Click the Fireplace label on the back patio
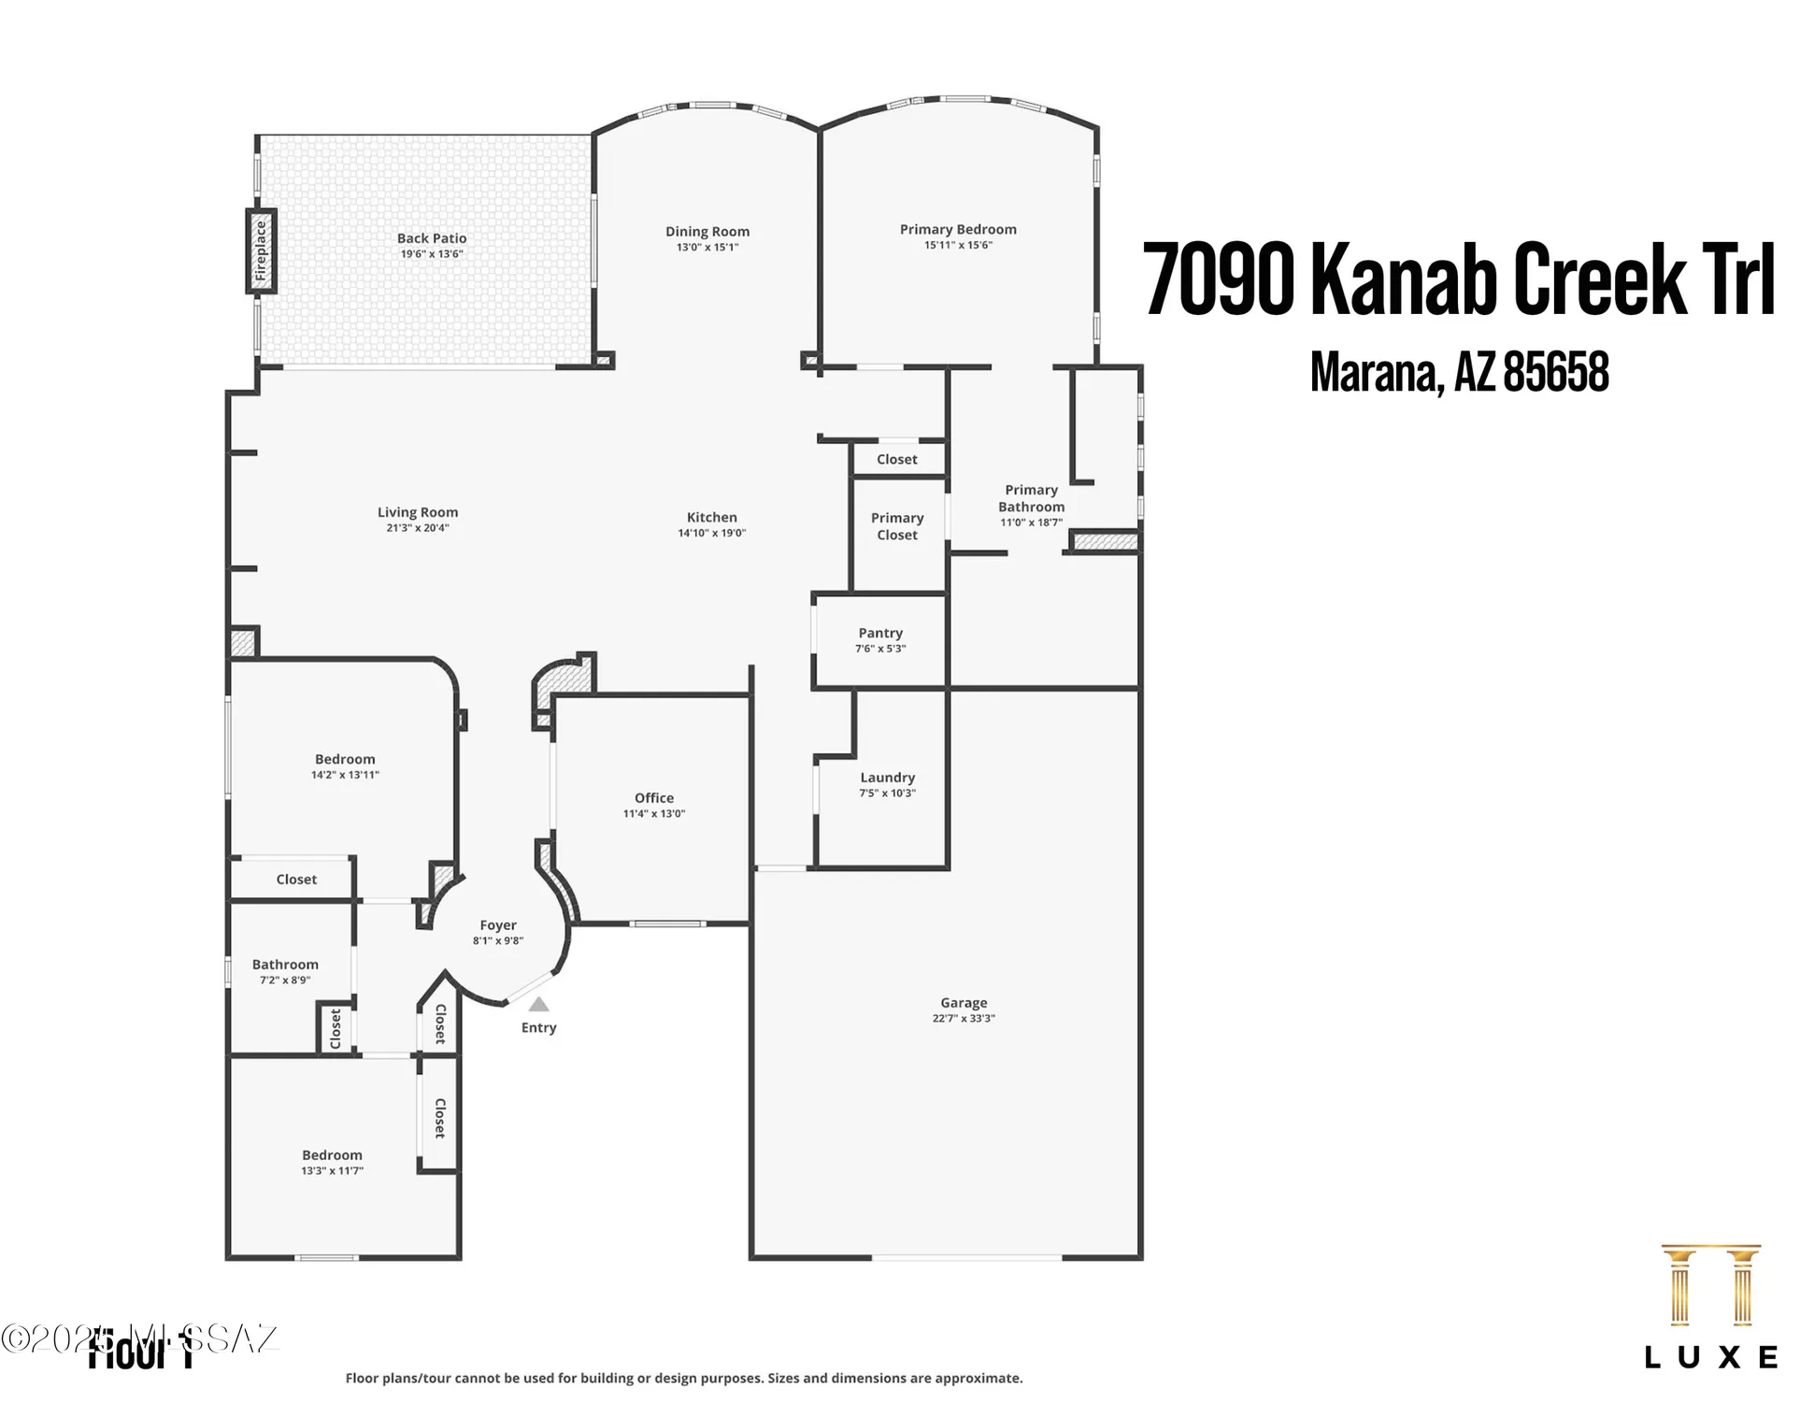261,251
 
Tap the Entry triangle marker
538,1005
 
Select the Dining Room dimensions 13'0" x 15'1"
707,248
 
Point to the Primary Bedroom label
958,229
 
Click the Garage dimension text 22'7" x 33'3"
964,1019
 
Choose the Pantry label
880,633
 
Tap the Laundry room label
887,778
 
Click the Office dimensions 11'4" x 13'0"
654,814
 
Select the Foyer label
498,925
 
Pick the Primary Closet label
897,526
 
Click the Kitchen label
712,517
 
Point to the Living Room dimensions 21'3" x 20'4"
418,528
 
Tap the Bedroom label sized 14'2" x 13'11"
345,759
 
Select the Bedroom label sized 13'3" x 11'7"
332,1155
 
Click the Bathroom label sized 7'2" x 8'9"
285,965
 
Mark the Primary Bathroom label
1031,498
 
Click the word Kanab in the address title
1407,279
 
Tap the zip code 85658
1556,372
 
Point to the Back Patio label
432,238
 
